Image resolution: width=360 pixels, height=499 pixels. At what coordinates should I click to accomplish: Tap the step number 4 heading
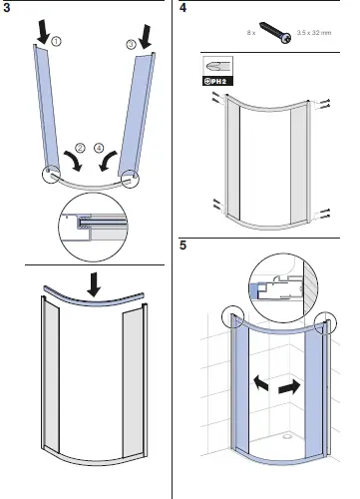pyautogui.click(x=182, y=9)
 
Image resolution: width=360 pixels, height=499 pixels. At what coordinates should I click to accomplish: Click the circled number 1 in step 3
pyautogui.click(x=57, y=41)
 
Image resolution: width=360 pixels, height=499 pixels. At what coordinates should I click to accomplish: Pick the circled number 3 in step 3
pyautogui.click(x=130, y=45)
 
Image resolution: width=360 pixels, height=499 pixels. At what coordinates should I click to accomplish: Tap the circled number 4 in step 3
pyautogui.click(x=99, y=148)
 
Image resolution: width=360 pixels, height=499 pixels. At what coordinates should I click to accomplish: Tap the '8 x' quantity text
pyautogui.click(x=250, y=35)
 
